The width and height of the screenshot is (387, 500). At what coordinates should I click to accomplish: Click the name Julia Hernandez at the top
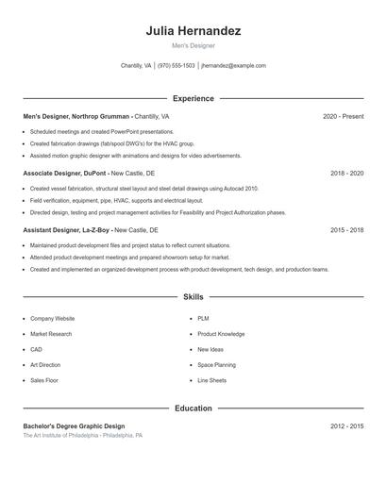click(x=193, y=31)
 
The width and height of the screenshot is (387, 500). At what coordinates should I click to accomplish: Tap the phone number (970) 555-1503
click(x=177, y=66)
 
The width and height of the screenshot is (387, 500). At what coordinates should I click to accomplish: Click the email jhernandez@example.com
click(x=234, y=66)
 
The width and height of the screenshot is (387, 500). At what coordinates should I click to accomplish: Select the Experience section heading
click(x=193, y=98)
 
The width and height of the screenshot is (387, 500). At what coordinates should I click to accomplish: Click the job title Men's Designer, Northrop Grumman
click(x=77, y=116)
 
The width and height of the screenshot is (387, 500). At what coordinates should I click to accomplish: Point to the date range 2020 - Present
click(x=343, y=116)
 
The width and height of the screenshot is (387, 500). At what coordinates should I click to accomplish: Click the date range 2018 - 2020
click(x=346, y=174)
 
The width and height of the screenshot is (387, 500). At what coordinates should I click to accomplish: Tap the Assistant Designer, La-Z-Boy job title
click(x=66, y=230)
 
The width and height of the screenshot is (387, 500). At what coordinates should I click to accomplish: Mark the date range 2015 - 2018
click(x=346, y=230)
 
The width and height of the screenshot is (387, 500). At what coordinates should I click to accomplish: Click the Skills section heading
click(x=193, y=296)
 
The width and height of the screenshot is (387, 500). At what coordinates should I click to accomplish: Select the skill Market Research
click(x=51, y=334)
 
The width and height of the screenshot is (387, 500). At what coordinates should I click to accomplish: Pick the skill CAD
click(x=37, y=349)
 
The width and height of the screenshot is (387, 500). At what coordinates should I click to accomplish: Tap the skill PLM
click(x=203, y=319)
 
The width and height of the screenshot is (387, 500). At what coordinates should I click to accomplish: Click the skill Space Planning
click(x=216, y=364)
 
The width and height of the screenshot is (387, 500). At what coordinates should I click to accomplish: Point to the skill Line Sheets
click(x=211, y=380)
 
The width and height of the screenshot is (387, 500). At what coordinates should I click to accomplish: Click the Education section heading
click(x=193, y=408)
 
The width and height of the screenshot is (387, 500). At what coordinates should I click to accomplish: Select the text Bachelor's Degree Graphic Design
click(x=74, y=426)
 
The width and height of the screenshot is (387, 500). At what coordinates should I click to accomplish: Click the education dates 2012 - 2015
click(x=346, y=426)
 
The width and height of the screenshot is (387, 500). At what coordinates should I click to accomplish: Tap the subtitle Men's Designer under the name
click(x=193, y=45)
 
